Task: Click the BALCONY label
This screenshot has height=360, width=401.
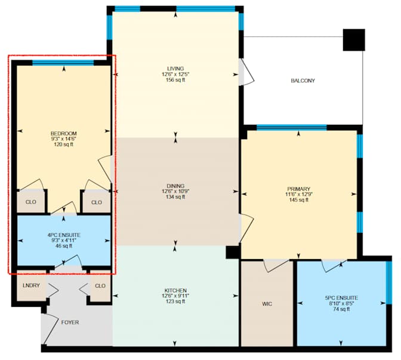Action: pos(303,81)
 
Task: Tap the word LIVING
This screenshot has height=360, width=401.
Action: pos(175,69)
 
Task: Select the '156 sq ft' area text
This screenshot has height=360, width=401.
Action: pos(175,80)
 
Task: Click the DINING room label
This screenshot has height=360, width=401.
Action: pos(175,186)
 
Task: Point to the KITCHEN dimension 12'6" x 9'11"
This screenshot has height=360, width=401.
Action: pos(175,296)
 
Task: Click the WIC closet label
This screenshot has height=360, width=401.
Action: pos(267,304)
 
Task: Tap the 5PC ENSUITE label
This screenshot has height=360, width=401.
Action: pos(341,298)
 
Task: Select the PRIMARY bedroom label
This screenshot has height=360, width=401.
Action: pos(298,189)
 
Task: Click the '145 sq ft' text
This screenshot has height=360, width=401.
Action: pos(298,200)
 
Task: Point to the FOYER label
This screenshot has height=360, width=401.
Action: pos(70,322)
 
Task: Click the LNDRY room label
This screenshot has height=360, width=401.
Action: pos(31,285)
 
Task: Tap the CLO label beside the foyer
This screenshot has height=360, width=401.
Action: pos(100,286)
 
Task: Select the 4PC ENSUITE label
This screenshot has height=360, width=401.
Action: pos(64,235)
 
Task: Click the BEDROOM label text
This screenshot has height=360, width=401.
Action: pos(64,133)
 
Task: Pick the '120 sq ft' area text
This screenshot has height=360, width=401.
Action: pos(64,144)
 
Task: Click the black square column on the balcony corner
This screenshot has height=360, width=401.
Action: pos(354,39)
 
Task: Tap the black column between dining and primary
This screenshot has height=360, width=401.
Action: pos(233,252)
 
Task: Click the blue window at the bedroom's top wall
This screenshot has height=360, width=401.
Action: pos(63,63)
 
